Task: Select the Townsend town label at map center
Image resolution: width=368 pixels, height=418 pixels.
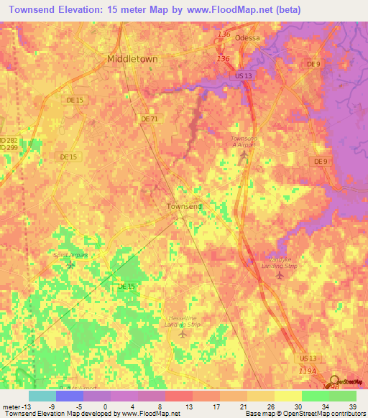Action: coord(184,206)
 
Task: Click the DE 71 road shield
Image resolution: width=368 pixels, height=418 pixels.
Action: coord(149,119)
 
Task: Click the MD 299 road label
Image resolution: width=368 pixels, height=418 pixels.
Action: coord(6,147)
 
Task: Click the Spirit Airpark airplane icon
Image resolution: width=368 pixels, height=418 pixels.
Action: coord(70,265)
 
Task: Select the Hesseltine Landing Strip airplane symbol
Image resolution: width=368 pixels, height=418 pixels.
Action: coord(181,333)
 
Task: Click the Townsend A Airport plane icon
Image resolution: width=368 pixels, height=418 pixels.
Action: coord(244,154)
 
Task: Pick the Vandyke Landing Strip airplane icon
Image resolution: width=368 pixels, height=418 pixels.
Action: coord(281,275)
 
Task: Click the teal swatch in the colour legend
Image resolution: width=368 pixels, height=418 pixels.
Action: coord(42,396)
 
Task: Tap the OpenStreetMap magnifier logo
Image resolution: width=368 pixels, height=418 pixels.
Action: coord(335,381)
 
